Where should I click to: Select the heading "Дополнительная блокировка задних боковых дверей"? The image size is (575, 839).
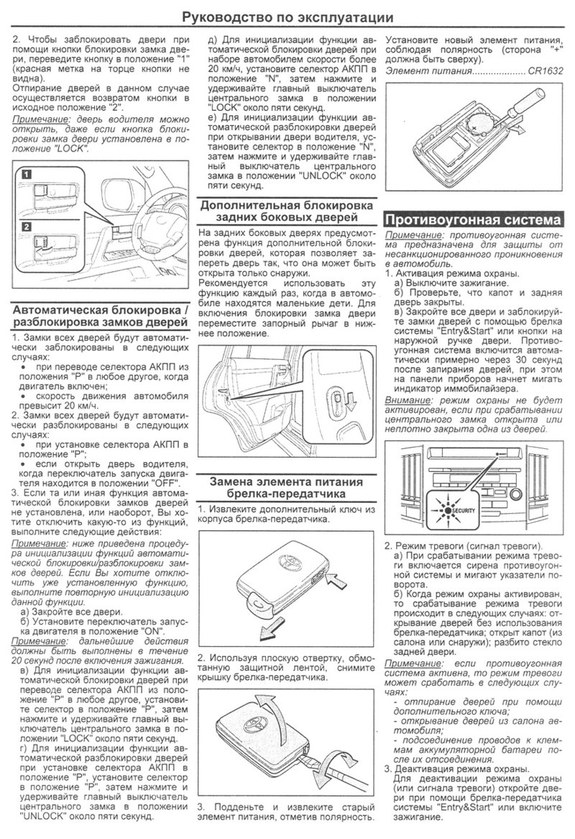click(x=285, y=210)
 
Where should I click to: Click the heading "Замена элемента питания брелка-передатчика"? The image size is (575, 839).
click(x=285, y=488)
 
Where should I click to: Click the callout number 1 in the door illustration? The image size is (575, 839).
click(x=27, y=174)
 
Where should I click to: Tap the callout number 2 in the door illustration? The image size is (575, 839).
click(x=27, y=227)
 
